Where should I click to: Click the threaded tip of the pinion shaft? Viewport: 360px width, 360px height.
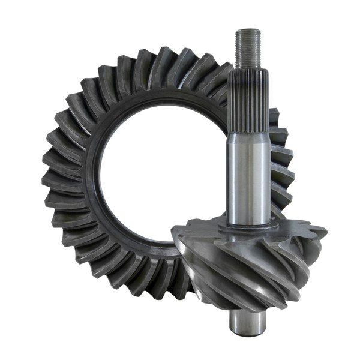[x=248, y=48]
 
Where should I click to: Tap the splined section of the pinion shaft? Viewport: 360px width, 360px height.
[x=248, y=99]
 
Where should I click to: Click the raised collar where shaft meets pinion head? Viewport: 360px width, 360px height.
[x=248, y=227]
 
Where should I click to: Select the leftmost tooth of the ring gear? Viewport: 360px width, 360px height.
[x=51, y=180]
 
